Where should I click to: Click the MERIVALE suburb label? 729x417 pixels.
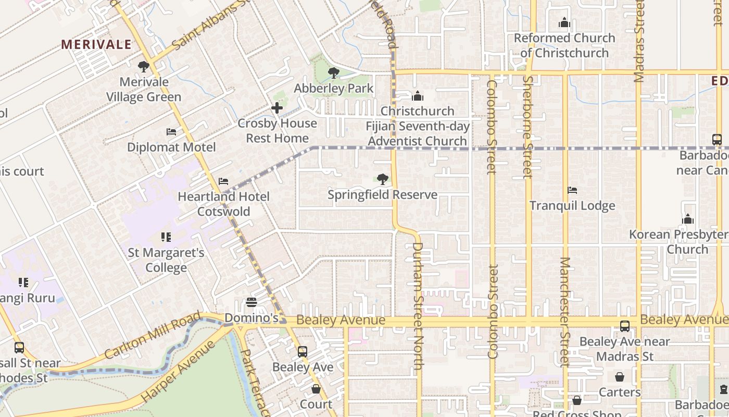[x=96, y=45]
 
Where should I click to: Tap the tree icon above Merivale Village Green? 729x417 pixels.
[x=143, y=67]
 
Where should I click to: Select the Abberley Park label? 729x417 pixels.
[x=333, y=88]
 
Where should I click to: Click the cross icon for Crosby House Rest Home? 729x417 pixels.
[x=277, y=108]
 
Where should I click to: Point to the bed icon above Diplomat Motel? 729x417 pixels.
[x=171, y=132]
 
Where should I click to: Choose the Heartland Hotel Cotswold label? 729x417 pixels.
[x=224, y=204]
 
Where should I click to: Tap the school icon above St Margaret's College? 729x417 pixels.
[x=166, y=238]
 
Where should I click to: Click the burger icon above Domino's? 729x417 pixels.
[x=252, y=302]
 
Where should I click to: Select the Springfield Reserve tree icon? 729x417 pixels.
[x=383, y=179]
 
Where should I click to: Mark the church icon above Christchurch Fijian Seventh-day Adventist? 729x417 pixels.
[x=417, y=96]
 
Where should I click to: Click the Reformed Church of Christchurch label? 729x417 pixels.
[x=564, y=45]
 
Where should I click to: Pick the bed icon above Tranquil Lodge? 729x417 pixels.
[x=572, y=190]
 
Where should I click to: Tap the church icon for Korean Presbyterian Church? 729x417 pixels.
[x=688, y=219]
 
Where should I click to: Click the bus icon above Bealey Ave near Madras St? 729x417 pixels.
[x=624, y=326]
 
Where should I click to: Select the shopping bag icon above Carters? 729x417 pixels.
[x=620, y=376]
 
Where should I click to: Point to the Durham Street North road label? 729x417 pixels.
[x=417, y=305]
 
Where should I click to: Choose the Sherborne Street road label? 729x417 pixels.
[x=527, y=127]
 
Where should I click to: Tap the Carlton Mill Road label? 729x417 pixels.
[x=152, y=336]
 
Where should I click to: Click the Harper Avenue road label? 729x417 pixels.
[x=179, y=371]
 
